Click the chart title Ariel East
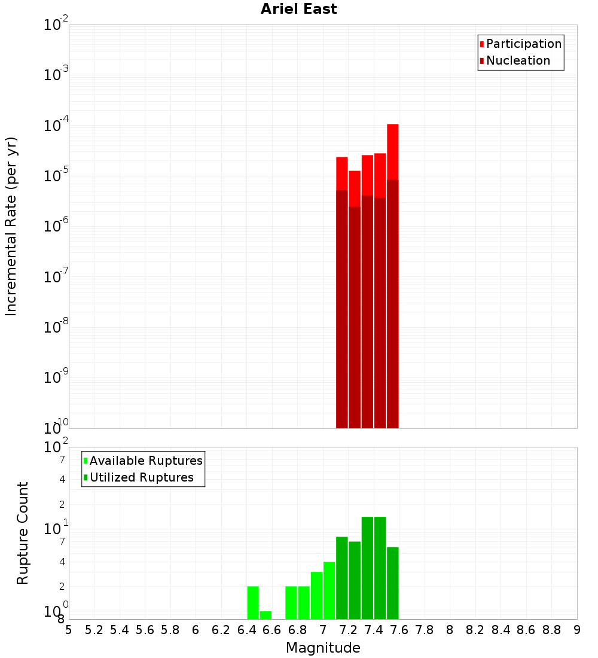click(298, 9)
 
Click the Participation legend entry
click(523, 44)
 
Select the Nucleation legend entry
click(517, 60)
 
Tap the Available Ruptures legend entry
click(145, 461)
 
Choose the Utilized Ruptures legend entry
click(141, 477)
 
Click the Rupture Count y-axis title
click(23, 533)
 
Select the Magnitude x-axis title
click(323, 648)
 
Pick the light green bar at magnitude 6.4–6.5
click(253, 602)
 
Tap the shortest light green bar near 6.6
click(266, 615)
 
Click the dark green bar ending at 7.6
click(393, 583)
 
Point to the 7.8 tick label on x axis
click(425, 630)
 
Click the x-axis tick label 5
click(69, 630)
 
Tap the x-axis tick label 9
click(577, 630)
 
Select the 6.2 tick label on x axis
click(221, 630)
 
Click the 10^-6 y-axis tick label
click(56, 227)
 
